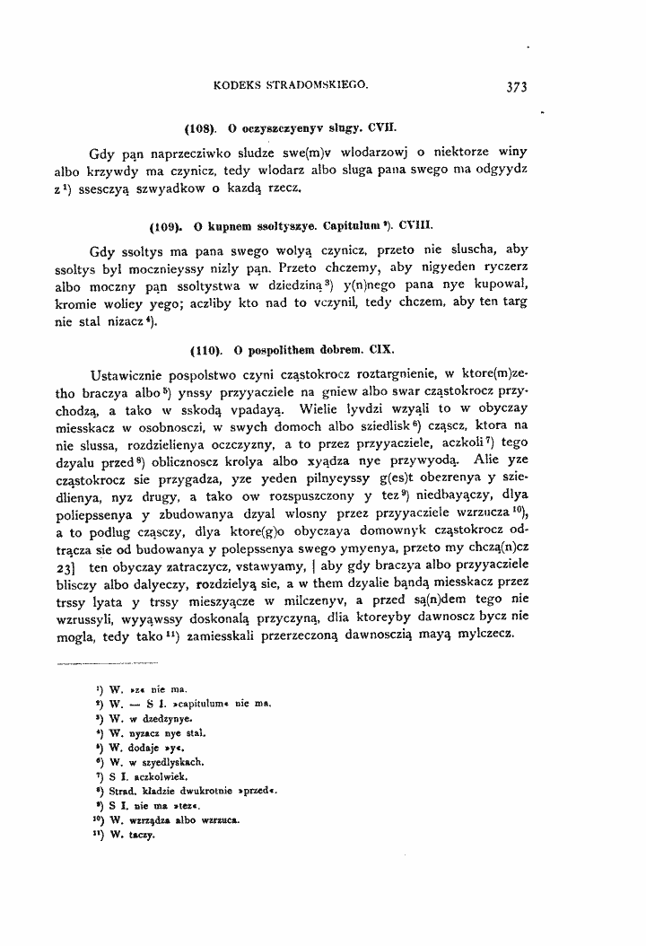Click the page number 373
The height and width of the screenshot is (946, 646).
pos(515,88)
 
